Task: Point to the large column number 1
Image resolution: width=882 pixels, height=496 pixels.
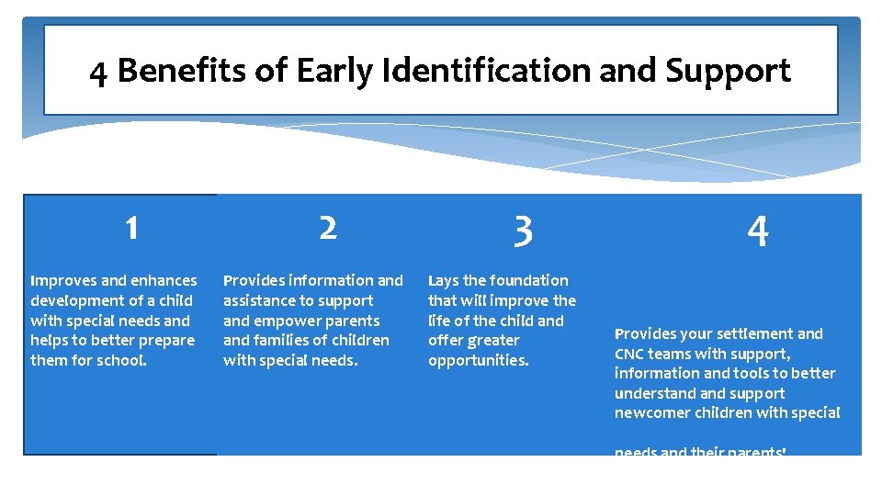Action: pos(132,228)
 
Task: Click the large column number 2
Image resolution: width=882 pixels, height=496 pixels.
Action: pos(328,228)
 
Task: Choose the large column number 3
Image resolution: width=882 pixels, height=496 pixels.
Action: pos(523,231)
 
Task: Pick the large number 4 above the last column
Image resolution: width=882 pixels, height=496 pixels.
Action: pos(757,232)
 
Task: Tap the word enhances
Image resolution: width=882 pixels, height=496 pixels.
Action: pos(164,280)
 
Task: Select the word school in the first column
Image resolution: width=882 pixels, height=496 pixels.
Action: pos(121,360)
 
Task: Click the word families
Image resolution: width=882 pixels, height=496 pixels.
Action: pos(285,341)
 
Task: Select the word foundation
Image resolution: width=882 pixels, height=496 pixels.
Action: pos(527,280)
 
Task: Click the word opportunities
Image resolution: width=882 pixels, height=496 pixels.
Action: pos(478,360)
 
